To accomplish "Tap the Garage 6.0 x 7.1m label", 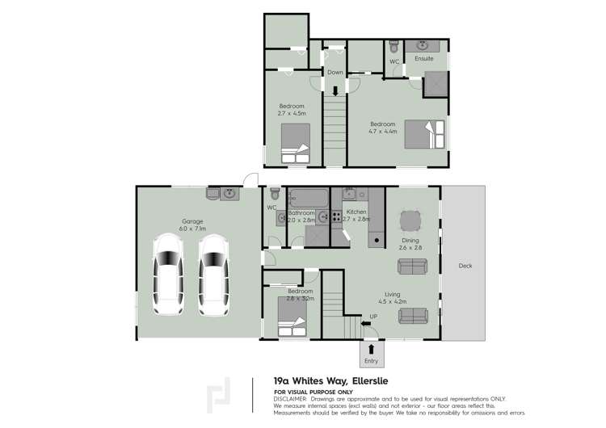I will (192, 224).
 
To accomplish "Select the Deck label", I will (465, 266).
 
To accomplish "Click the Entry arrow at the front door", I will (371, 350).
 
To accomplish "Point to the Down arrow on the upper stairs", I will (335, 90).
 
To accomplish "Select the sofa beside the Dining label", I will (410, 263).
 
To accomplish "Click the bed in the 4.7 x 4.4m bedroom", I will (425, 133).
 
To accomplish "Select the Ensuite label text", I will (424, 59).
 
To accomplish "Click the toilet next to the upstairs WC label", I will (393, 46).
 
